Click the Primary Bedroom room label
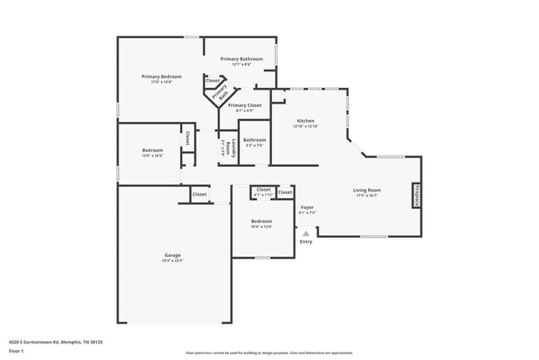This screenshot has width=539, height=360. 161,76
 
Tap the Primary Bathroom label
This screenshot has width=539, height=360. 241,59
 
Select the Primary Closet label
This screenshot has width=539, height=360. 245,105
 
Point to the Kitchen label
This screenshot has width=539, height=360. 305,120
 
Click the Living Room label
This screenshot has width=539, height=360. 367,190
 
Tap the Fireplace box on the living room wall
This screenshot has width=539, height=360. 416,195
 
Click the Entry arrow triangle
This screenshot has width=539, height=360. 306,234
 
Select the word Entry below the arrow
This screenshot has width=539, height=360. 306,241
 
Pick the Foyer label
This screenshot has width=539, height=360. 307,207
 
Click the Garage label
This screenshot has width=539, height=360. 172,255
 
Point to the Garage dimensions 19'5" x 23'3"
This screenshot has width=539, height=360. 172,260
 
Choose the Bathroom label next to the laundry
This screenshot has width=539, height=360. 255,140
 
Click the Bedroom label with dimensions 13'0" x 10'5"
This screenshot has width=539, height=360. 152,150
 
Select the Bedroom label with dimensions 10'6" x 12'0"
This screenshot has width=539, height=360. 262,221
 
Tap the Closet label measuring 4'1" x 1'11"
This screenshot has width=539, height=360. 264,190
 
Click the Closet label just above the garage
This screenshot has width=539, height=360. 200,194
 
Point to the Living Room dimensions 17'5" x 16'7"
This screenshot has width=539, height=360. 367,196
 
